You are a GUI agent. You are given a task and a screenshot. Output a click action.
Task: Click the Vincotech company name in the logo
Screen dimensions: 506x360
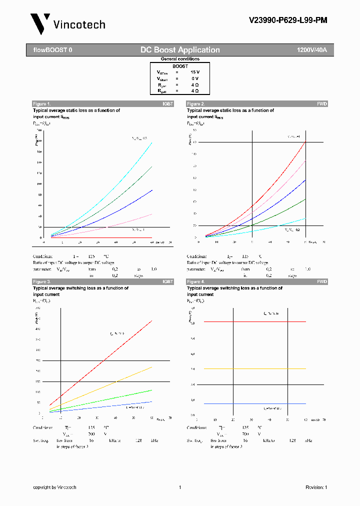click(79, 24)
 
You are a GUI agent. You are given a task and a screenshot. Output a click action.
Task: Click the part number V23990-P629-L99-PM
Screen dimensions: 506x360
click(288, 20)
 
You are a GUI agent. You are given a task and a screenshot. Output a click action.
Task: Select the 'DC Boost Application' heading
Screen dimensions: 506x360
click(180, 50)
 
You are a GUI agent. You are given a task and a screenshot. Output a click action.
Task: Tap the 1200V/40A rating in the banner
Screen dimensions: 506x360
click(311, 50)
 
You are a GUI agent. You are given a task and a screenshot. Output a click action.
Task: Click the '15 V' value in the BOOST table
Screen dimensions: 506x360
click(194, 72)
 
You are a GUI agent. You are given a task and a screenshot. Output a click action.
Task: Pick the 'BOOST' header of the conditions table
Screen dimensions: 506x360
click(180, 66)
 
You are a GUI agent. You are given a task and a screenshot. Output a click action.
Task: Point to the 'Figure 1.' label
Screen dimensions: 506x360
click(41, 104)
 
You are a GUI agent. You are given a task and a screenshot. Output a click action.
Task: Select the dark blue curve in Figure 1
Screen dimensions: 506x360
click(125, 207)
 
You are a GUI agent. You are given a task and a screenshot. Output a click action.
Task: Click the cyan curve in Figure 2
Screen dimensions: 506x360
click(280, 224)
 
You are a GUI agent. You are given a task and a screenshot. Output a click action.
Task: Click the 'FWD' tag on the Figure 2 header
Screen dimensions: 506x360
click(322, 104)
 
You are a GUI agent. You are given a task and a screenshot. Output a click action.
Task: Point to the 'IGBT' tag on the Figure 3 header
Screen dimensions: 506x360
click(167, 282)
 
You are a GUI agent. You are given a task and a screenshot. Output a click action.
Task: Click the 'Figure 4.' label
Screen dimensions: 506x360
click(195, 282)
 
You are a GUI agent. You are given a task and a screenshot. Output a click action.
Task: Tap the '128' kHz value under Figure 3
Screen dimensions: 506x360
click(139, 440)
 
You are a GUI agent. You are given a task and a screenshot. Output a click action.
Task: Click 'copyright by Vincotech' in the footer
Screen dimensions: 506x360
click(54, 487)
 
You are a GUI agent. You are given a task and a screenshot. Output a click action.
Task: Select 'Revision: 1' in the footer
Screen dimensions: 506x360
click(316, 487)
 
